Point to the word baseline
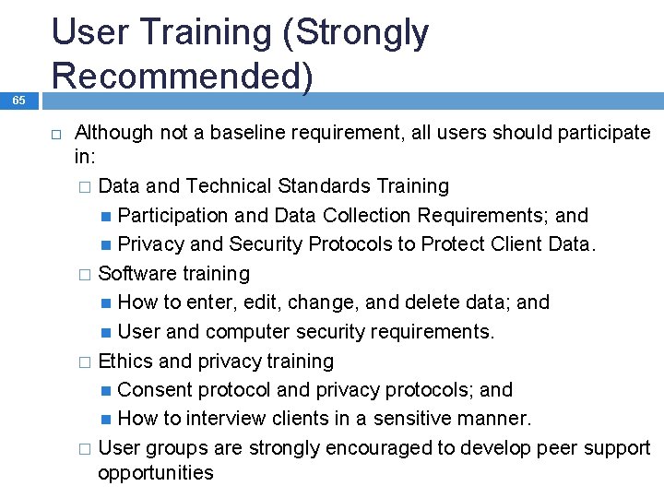(x=247, y=133)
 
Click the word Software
(x=136, y=274)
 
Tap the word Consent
(x=155, y=390)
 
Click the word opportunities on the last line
(x=155, y=474)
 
